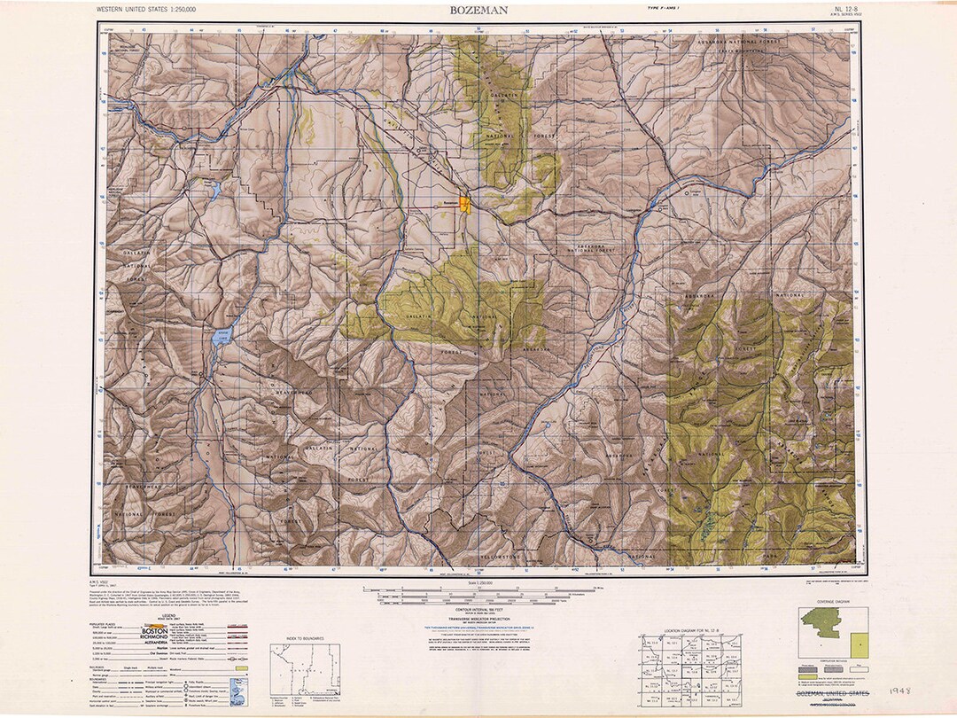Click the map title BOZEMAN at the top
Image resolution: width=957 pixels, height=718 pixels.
pyautogui.click(x=478, y=10)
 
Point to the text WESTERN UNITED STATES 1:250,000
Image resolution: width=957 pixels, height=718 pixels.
pyautogui.click(x=146, y=10)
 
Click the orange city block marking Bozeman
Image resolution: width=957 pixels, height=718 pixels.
pyautogui.click(x=466, y=205)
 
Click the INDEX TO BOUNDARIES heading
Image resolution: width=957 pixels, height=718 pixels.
pyautogui.click(x=307, y=637)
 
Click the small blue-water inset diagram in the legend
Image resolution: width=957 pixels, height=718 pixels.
pyautogui.click(x=237, y=690)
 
